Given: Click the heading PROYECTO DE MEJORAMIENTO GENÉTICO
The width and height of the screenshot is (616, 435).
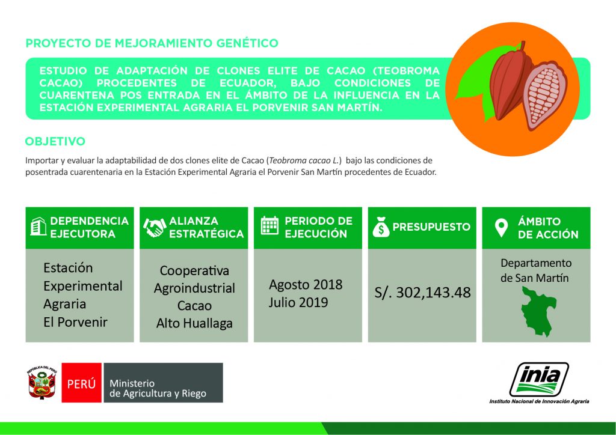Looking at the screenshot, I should [x=152, y=43].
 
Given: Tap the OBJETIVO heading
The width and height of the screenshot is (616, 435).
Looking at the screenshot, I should [x=55, y=142].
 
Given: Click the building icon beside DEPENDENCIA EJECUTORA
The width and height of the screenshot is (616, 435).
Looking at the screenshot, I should [x=38, y=227].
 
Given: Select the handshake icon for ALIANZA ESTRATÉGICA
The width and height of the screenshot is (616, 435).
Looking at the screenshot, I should [x=154, y=227].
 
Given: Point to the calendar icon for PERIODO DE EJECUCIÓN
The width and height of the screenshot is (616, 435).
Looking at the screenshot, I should [x=269, y=227].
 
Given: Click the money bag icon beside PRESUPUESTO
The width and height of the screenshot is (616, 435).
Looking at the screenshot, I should [x=381, y=227].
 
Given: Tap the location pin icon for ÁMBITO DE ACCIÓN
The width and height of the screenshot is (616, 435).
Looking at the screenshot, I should [x=500, y=228].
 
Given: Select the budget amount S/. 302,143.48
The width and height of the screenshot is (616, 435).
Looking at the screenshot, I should [x=422, y=292].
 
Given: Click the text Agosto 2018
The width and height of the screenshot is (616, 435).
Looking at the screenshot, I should [x=306, y=284].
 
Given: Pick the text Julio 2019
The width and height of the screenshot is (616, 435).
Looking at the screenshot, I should [x=298, y=302].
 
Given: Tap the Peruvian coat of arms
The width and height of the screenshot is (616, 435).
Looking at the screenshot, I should [x=41, y=383].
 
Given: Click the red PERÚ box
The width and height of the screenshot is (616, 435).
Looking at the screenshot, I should [x=81, y=383].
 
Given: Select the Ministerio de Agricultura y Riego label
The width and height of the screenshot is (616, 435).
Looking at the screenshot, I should [x=158, y=388].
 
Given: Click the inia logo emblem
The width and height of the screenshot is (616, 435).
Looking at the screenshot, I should [x=539, y=379].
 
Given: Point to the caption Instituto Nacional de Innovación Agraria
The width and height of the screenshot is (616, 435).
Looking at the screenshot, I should [x=539, y=401].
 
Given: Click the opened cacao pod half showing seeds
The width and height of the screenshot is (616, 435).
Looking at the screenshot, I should [x=544, y=96].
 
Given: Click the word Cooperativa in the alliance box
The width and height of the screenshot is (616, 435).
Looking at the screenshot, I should [x=194, y=271].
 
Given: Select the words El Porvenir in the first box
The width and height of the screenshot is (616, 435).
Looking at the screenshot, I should [x=75, y=322].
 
